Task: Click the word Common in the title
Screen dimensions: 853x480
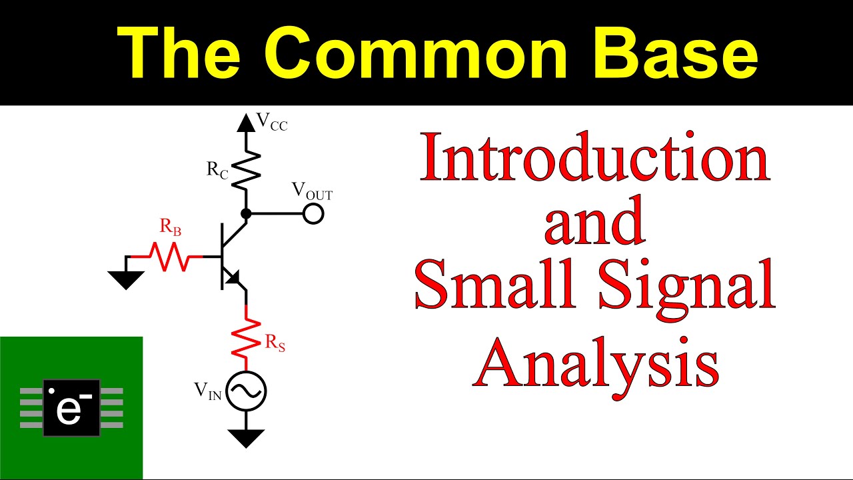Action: click(x=416, y=53)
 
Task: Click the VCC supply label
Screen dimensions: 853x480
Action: click(x=272, y=122)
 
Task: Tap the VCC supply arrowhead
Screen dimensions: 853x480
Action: click(x=246, y=123)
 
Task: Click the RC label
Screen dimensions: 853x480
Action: click(x=217, y=170)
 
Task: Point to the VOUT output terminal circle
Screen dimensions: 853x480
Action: click(x=313, y=214)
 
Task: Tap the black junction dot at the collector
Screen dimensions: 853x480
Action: click(x=246, y=214)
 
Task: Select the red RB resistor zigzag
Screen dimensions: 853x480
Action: click(x=170, y=257)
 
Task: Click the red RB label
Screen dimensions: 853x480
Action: click(x=170, y=227)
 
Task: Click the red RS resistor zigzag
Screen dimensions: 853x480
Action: click(x=246, y=338)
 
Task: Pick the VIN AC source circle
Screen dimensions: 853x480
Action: click(x=246, y=391)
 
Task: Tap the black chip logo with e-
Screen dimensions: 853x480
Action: click(x=71, y=408)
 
